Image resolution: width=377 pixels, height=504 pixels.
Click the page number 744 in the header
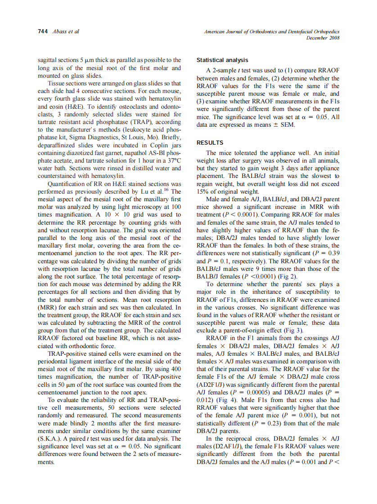(x=43, y=31)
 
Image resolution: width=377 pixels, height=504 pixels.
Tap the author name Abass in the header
(x=59, y=31)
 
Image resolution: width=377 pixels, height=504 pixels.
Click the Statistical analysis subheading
(x=222, y=60)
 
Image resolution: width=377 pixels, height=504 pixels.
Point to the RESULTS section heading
(x=211, y=143)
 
